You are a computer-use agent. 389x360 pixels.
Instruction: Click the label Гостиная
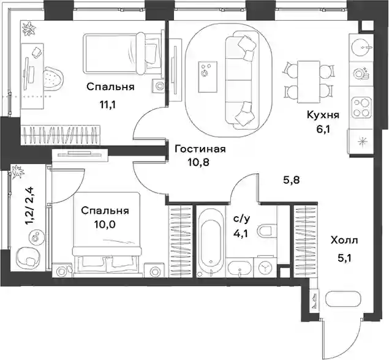[x=200, y=149]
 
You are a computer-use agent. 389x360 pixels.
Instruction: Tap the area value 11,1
[x=108, y=105]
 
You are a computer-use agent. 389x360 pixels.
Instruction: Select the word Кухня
[x=323, y=115]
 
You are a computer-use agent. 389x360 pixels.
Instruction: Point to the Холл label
[x=344, y=240]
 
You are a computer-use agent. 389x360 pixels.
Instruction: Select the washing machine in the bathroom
[x=265, y=268]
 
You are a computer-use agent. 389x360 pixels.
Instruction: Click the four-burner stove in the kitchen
[x=362, y=108]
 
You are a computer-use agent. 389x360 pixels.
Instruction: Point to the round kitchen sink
[x=362, y=47]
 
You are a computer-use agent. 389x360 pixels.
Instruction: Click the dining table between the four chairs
[x=308, y=81]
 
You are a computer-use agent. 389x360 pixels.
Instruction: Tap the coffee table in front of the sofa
[x=208, y=77]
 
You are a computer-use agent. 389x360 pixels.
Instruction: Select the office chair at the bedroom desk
[x=53, y=79]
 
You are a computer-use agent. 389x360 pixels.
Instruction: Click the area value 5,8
[x=292, y=180]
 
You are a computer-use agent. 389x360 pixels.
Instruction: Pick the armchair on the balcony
[x=28, y=258]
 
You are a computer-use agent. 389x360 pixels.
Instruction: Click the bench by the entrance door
[x=343, y=299]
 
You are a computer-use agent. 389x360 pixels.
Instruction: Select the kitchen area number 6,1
[x=323, y=129]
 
